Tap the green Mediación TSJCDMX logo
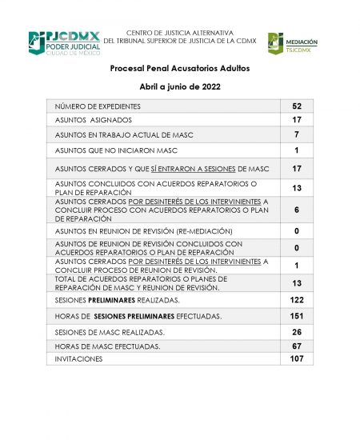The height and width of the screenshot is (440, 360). pos(293,43)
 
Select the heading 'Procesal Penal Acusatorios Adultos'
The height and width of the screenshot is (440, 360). pos(180,69)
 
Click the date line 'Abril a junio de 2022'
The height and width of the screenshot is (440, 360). pos(180,86)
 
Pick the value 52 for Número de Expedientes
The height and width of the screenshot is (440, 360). pos(296,106)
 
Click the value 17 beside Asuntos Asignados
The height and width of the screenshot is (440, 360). pos(296,120)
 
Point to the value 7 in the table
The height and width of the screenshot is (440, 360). pos(296,134)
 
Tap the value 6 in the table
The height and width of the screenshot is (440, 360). pos(296,209)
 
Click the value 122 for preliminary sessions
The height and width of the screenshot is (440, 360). pos(296,299)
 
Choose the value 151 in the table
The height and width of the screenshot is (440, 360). pos(296,315)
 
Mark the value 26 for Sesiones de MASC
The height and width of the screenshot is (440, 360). pos(296,331)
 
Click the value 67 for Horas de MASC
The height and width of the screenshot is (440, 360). pos(296,346)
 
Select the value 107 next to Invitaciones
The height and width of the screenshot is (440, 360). pos(296,359)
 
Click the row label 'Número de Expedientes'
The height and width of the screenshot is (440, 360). pos(98,106)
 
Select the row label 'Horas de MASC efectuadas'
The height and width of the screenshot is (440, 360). pos(108,346)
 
